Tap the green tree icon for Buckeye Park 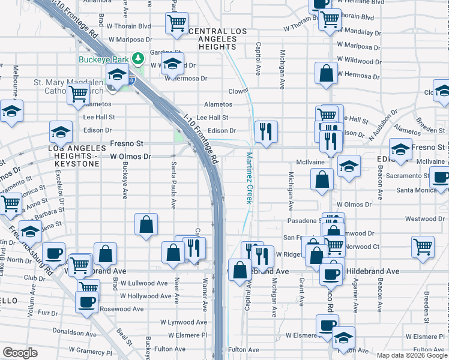[x=139, y=58]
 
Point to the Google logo [x=20, y=353]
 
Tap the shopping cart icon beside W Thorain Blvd [x=176, y=23]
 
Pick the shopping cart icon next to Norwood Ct [x=423, y=245]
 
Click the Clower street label [x=238, y=91]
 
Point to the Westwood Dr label [x=424, y=218]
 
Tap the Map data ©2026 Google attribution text [x=412, y=355]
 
